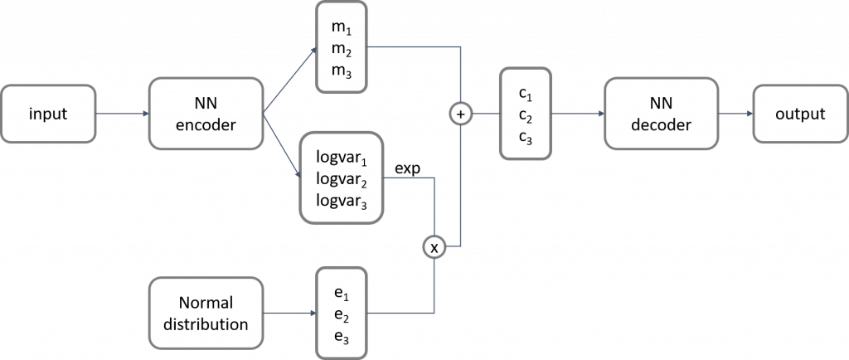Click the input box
pos(48,114)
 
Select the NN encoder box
pos(206,114)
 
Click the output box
pos(799,114)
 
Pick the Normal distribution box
pos(206,313)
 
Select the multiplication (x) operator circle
pos(434,246)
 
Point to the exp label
pos(407,169)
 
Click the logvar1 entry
pos(341,156)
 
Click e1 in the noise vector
pos(340,293)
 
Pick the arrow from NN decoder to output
pos(734,114)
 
